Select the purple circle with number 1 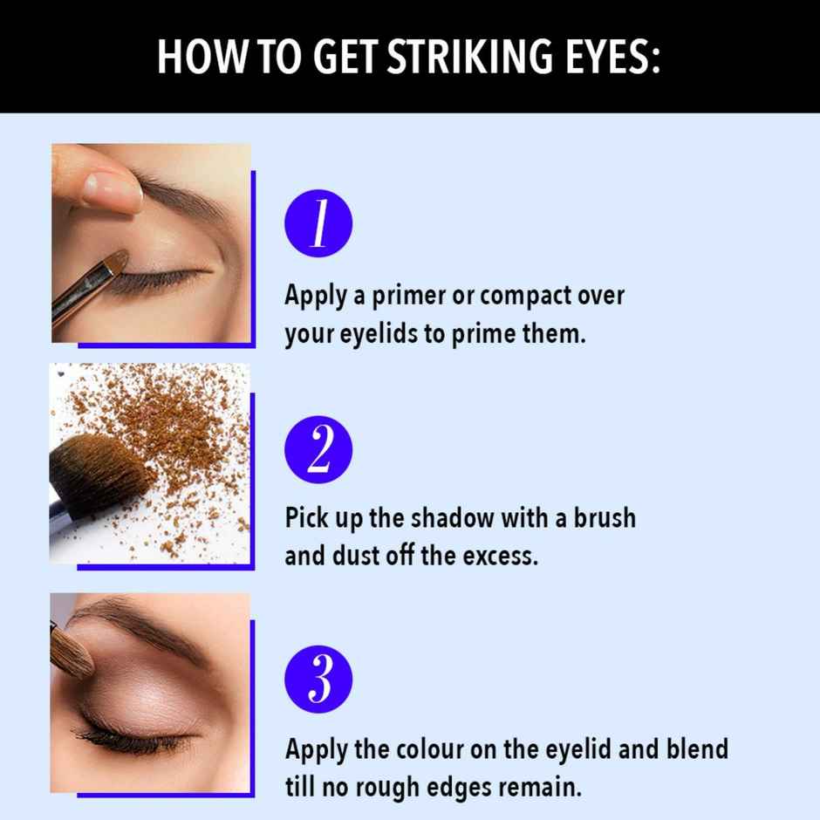click(318, 223)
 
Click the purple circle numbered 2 click(318, 450)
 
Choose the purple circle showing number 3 click(318, 680)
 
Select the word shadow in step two click(453, 518)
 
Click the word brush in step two click(605, 518)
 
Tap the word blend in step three click(697, 748)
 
